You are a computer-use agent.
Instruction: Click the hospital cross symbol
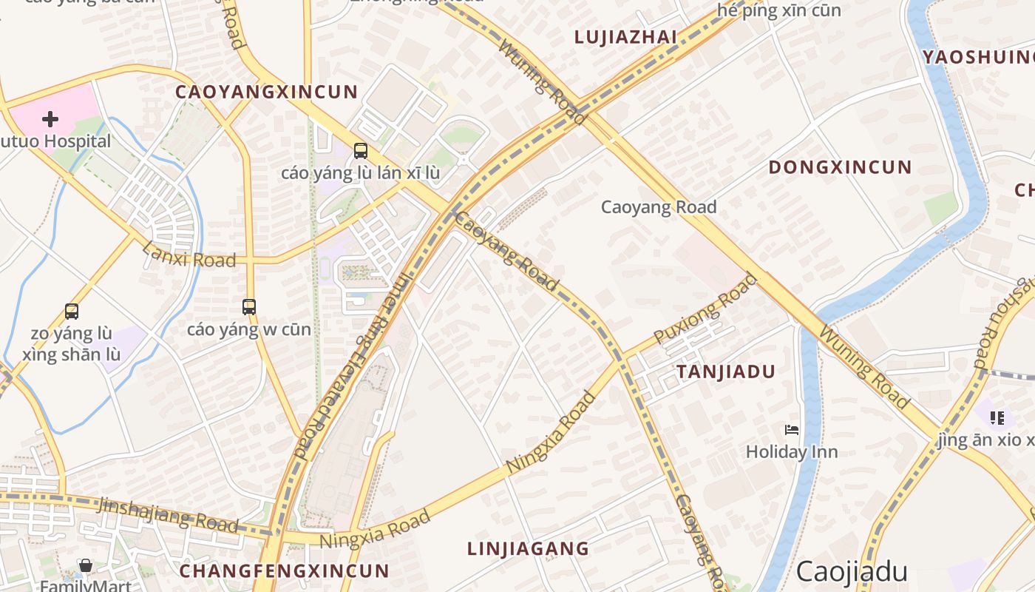pyautogui.click(x=50, y=118)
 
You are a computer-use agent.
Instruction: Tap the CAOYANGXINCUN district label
pyautogui.click(x=267, y=92)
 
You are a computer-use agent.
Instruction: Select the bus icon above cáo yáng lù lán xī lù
pyautogui.click(x=361, y=151)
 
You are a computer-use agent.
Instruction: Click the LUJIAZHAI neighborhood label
pyautogui.click(x=626, y=37)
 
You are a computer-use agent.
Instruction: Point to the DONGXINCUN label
pyautogui.click(x=841, y=166)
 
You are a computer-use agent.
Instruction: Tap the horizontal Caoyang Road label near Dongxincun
pyautogui.click(x=659, y=207)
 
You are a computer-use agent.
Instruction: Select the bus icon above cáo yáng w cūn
pyautogui.click(x=249, y=306)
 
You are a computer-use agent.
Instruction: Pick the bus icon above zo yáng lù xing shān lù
pyautogui.click(x=72, y=312)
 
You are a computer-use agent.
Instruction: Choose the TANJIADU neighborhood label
pyautogui.click(x=726, y=371)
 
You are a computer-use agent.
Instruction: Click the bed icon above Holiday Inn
pyautogui.click(x=792, y=429)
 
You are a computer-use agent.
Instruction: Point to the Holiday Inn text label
pyautogui.click(x=792, y=451)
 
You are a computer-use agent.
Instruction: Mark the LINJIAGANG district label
pyautogui.click(x=528, y=548)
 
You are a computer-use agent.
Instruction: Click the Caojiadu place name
pyautogui.click(x=852, y=571)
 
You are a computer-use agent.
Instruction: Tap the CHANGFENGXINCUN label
pyautogui.click(x=284, y=571)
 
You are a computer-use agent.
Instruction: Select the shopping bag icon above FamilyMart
pyautogui.click(x=86, y=566)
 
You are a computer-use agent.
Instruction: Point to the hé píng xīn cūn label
pyautogui.click(x=779, y=11)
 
